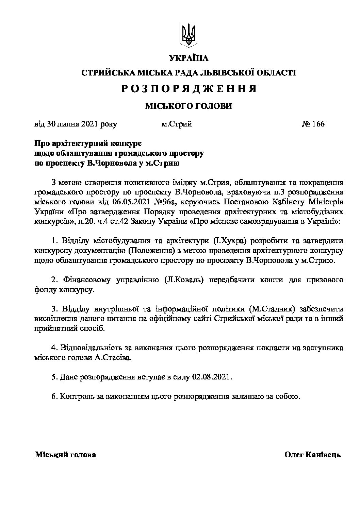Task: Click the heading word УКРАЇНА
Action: click(x=189, y=58)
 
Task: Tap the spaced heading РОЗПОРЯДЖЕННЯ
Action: click(x=189, y=89)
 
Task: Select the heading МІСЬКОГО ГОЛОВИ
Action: click(x=189, y=106)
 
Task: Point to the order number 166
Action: click(x=318, y=124)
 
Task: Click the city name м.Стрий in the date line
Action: click(x=177, y=124)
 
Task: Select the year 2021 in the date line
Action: click(x=90, y=124)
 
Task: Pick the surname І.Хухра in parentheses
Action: click(x=231, y=241)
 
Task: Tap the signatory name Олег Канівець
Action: click(x=312, y=455)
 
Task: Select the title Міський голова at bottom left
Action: click(x=65, y=455)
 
